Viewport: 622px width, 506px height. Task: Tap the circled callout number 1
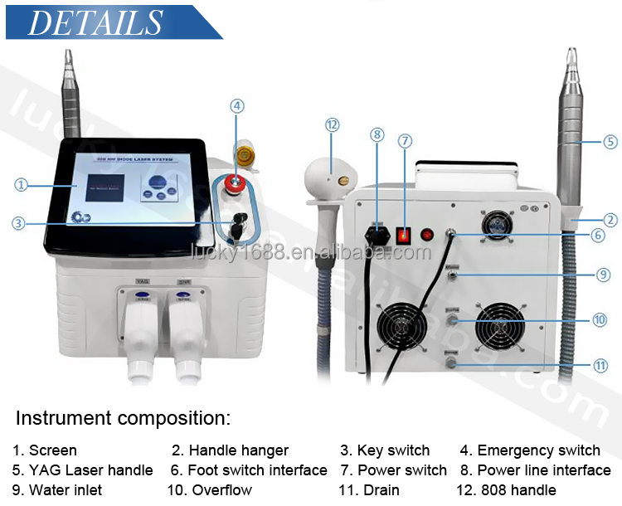pyautogui.click(x=22, y=186)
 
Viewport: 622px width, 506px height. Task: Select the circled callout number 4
pyautogui.click(x=237, y=105)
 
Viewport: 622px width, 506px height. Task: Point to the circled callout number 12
pyautogui.click(x=333, y=124)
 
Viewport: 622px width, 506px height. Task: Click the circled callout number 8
pyautogui.click(x=377, y=134)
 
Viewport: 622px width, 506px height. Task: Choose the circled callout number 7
pyautogui.click(x=404, y=140)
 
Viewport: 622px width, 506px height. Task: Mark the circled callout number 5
pyautogui.click(x=610, y=141)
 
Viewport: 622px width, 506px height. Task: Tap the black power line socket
pyautogui.click(x=377, y=233)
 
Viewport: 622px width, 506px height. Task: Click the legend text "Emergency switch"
pyautogui.click(x=538, y=450)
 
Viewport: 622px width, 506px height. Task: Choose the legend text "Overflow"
pyautogui.click(x=222, y=490)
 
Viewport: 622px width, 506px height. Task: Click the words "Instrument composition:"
pyautogui.click(x=123, y=417)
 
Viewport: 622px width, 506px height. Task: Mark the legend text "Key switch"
pyautogui.click(x=393, y=450)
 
